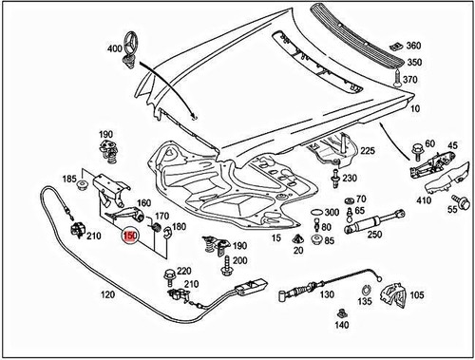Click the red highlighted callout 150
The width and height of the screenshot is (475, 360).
(131, 235)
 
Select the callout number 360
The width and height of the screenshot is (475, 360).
(412, 46)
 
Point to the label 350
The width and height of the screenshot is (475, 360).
(412, 62)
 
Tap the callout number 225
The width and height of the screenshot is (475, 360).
(367, 151)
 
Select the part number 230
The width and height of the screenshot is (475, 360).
(350, 179)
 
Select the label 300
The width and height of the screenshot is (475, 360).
(332, 212)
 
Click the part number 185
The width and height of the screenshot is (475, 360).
(69, 178)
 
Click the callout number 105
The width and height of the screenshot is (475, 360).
(415, 294)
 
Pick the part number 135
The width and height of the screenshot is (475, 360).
(365, 302)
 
